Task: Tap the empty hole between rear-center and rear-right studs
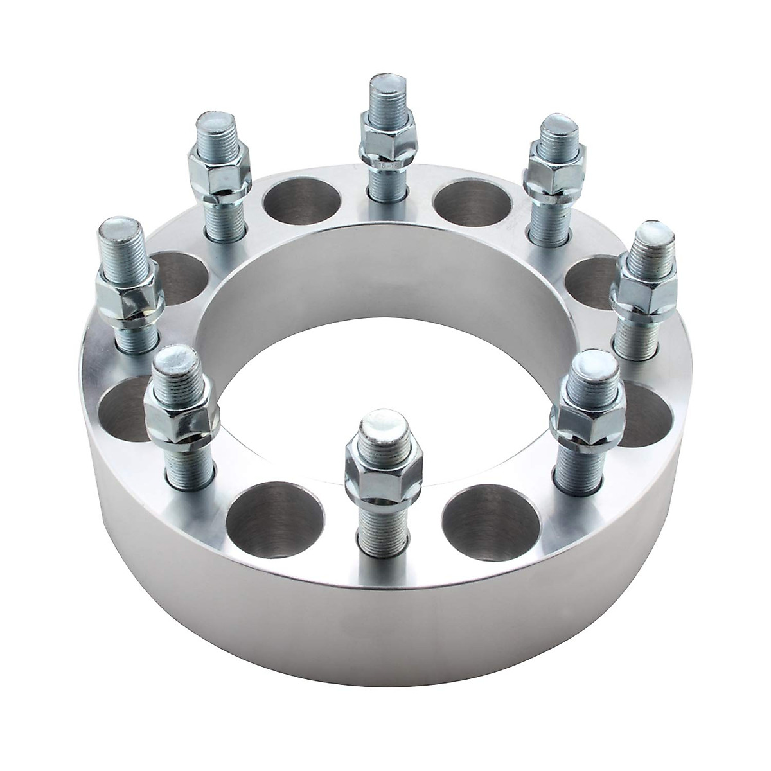click(x=474, y=204)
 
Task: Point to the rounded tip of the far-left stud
click(x=120, y=233)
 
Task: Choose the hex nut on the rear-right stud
click(x=554, y=166)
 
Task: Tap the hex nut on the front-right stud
click(x=586, y=418)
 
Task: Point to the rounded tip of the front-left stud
click(x=174, y=362)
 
